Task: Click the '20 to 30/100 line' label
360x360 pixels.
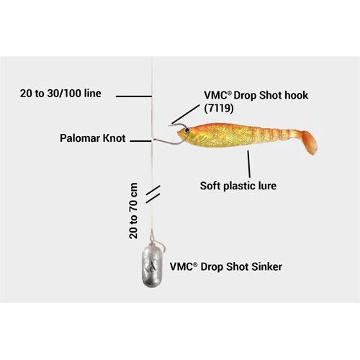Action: point(60,94)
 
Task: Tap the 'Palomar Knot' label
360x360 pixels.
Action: point(93,138)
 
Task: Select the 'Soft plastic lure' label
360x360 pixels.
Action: point(238,186)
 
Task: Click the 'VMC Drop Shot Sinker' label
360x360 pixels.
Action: point(226,266)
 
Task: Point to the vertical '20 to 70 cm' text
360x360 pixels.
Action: point(133,211)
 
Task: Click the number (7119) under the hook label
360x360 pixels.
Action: point(219,108)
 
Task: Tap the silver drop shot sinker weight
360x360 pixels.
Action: point(152,265)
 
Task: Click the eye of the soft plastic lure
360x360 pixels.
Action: point(187,130)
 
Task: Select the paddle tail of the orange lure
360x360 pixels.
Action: point(307,142)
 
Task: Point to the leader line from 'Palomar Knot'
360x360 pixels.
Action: point(141,141)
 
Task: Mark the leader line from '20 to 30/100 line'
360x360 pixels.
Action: point(134,96)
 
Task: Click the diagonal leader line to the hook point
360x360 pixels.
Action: point(186,114)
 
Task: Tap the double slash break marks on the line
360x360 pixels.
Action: point(153,194)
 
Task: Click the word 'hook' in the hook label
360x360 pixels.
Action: point(296,95)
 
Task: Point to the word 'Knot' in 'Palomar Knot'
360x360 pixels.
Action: point(114,138)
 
